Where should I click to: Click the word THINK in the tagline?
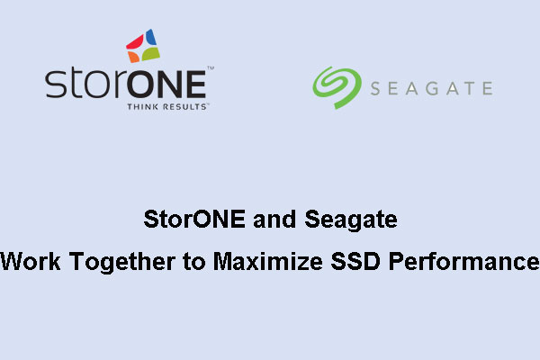point(141,105)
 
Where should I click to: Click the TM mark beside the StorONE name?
point(211,69)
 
